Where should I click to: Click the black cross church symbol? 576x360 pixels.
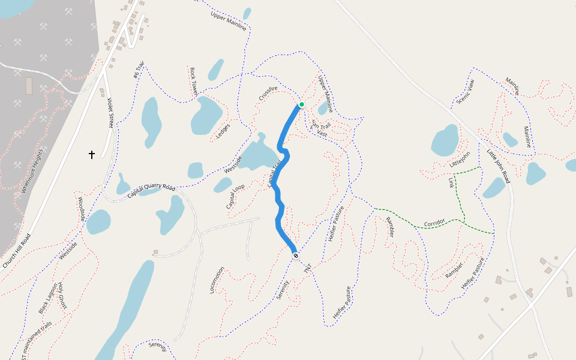[92, 155]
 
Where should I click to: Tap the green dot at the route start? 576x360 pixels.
[302, 104]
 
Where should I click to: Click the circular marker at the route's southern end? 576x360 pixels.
[296, 256]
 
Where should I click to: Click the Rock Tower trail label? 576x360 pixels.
[193, 82]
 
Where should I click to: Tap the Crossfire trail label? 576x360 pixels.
[268, 93]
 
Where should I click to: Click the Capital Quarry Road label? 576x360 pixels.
[151, 191]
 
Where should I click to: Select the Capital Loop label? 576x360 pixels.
[235, 197]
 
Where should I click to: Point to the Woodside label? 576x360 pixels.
[80, 208]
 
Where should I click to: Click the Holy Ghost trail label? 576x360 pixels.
[62, 296]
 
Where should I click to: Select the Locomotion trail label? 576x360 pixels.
[217, 280]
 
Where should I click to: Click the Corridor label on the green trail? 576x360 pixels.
[434, 224]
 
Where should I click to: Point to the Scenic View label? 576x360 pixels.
[465, 91]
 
